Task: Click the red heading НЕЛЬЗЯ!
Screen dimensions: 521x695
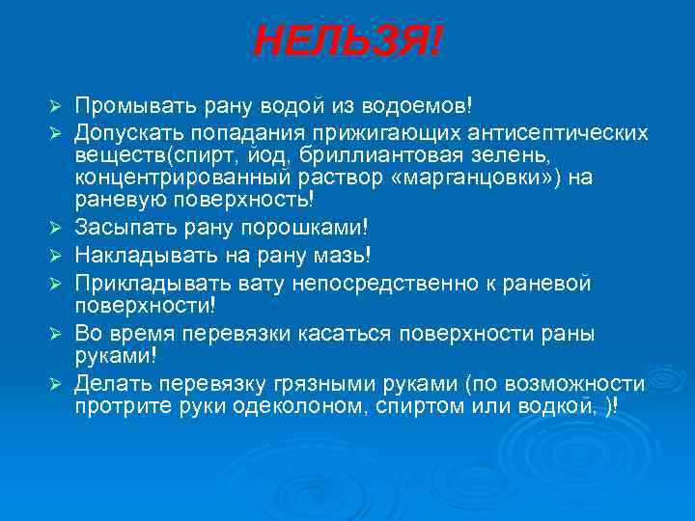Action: click(x=348, y=41)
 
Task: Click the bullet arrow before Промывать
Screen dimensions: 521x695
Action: click(x=57, y=104)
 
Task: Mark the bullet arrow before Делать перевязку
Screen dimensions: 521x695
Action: click(x=57, y=383)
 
